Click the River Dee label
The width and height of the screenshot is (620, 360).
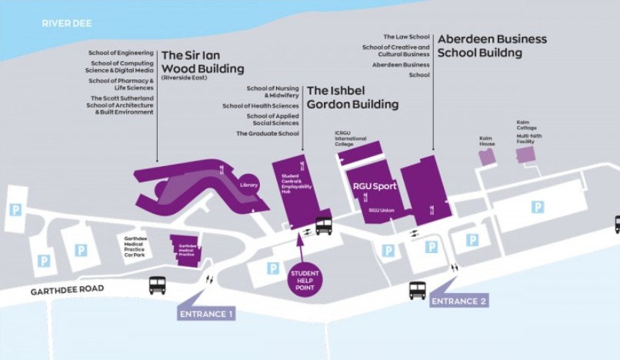pyautogui.click(x=67, y=24)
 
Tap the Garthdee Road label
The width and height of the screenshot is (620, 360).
pyautogui.click(x=68, y=292)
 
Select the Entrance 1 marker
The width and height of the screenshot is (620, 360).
pyautogui.click(x=206, y=313)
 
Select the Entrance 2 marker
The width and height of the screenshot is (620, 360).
pyautogui.click(x=458, y=301)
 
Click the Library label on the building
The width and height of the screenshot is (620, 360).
pyautogui.click(x=248, y=185)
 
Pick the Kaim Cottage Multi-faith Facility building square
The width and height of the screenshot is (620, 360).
pyautogui.click(x=525, y=155)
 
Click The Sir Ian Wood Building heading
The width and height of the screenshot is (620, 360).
pyautogui.click(x=202, y=62)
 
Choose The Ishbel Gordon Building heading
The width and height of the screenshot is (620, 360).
pyautogui.click(x=352, y=97)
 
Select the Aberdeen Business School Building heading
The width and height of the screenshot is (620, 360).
pyautogui.click(x=492, y=45)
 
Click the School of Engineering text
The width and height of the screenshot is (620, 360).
pyautogui.click(x=122, y=53)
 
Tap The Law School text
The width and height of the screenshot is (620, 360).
pyautogui.click(x=406, y=36)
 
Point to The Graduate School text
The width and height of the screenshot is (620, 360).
pyautogui.click(x=267, y=133)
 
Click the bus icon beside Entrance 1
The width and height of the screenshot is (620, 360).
pyautogui.click(x=158, y=285)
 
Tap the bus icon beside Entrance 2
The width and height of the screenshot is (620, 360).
pyautogui.click(x=418, y=289)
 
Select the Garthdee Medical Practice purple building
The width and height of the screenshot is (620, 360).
pyautogui.click(x=185, y=250)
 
